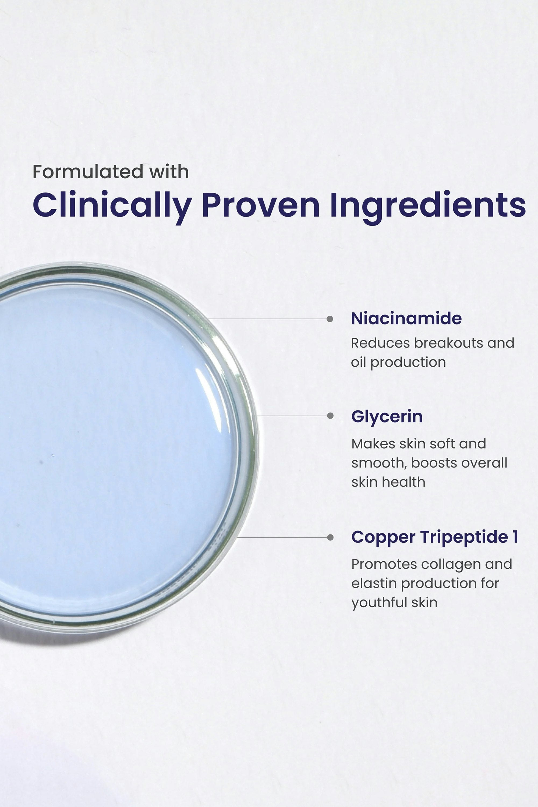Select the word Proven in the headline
tap(261, 205)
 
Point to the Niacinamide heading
tap(406, 318)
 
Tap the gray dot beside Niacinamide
tap(330, 319)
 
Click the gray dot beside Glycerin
tap(330, 416)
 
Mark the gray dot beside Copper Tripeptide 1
tap(330, 537)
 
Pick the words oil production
tap(398, 363)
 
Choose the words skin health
tap(388, 482)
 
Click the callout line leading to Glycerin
tap(294, 416)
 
